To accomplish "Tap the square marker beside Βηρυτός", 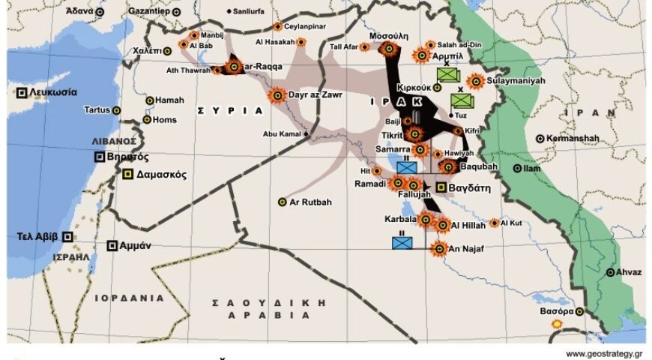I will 100,157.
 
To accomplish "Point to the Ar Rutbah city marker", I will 282,202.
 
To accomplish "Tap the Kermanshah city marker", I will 540,139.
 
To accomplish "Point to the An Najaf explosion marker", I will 438,248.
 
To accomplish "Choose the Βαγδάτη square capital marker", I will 442,188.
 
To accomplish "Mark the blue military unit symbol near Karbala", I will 402,242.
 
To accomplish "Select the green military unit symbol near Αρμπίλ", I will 448,74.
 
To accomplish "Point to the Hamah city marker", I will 150,100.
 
